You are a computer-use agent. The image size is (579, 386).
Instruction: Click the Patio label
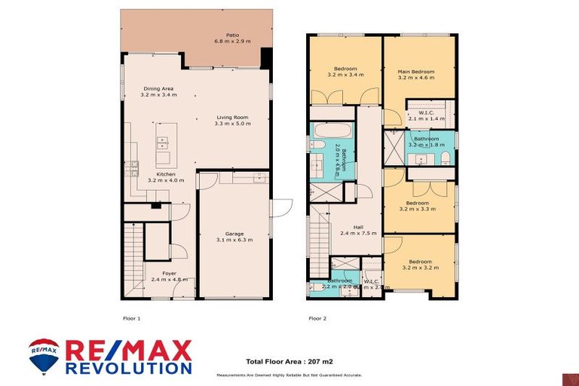pos(233,38)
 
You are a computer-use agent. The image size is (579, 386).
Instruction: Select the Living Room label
pos(232,121)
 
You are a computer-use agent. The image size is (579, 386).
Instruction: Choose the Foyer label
pos(158,277)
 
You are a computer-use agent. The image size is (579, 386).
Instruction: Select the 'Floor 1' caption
pos(131,319)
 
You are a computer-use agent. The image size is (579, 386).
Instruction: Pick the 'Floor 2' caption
pos(317,319)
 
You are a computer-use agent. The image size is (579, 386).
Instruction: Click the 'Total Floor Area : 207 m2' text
pos(289,362)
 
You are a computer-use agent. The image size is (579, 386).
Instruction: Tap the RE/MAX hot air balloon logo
pos(44,356)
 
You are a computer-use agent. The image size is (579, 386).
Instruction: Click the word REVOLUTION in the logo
pos(128,369)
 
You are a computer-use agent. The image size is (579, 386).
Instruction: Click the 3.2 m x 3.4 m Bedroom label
pos(345,72)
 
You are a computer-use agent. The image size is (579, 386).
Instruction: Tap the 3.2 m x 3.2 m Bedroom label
pos(419,265)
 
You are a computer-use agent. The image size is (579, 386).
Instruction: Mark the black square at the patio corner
pos(266,57)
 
